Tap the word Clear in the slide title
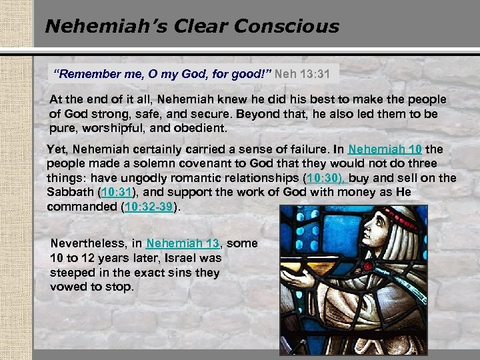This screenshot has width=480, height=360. (x=197, y=27)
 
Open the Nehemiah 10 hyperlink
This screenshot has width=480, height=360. (x=385, y=149)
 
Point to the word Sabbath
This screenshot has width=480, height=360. (x=71, y=193)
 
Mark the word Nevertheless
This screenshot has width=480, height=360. (x=96, y=243)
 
